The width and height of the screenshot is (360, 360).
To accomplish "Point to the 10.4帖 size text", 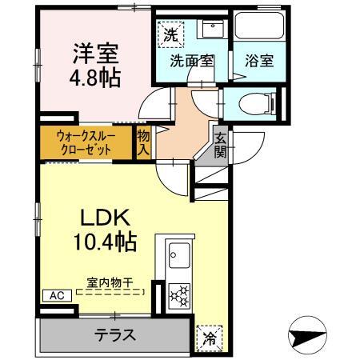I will [104, 241].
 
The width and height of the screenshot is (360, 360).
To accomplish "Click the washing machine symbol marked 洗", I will [170, 34].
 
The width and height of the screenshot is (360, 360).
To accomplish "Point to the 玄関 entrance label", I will [219, 144].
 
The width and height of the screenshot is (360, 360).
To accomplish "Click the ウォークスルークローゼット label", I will [86, 142].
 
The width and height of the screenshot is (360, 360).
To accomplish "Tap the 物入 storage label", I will [143, 142].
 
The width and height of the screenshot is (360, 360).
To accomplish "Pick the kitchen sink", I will [177, 258].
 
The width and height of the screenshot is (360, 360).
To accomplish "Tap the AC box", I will [57, 295].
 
